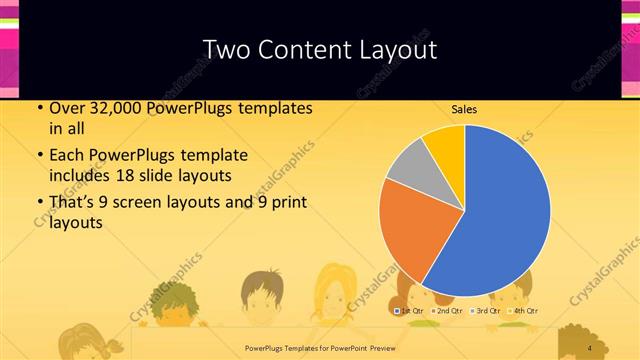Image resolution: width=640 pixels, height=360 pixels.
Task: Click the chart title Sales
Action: pyautogui.click(x=463, y=108)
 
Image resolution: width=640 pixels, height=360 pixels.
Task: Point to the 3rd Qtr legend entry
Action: pyautogui.click(x=487, y=312)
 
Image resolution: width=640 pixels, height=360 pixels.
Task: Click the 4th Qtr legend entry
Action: pyautogui.click(x=524, y=312)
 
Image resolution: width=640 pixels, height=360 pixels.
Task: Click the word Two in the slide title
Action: pyautogui.click(x=224, y=50)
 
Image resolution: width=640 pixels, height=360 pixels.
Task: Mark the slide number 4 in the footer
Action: pyautogui.click(x=590, y=347)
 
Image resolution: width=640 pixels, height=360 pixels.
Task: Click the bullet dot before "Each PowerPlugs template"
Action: pyautogui.click(x=39, y=157)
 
